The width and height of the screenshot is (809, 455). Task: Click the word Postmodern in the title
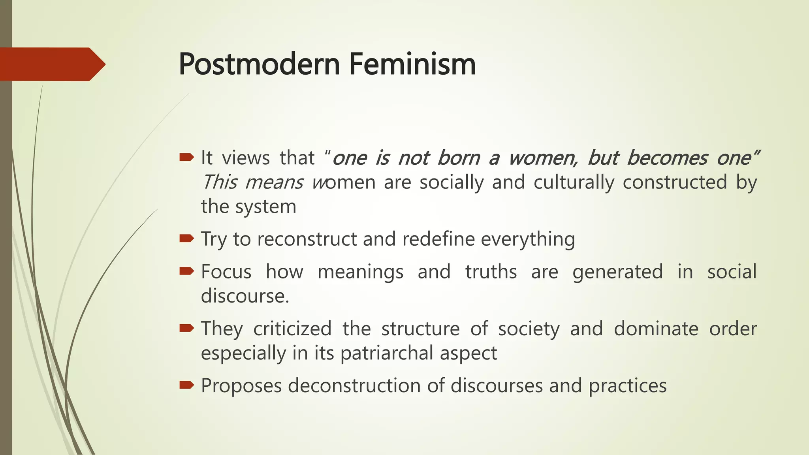(x=259, y=64)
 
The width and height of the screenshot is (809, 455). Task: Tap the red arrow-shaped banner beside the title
(x=51, y=64)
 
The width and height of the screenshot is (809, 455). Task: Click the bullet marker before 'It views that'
(x=186, y=158)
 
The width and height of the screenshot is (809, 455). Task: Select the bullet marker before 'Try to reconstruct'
(x=186, y=239)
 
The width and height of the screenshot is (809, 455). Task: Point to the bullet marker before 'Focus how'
(x=186, y=271)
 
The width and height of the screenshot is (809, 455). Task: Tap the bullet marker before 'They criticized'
(x=186, y=328)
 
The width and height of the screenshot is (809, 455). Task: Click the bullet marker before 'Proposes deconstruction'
(x=186, y=385)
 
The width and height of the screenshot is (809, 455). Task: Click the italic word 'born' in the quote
(x=458, y=158)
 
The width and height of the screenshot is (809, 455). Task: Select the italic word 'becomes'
(x=667, y=158)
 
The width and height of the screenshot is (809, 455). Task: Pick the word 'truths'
(x=491, y=272)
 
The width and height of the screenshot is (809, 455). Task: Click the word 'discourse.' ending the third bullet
(x=245, y=296)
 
